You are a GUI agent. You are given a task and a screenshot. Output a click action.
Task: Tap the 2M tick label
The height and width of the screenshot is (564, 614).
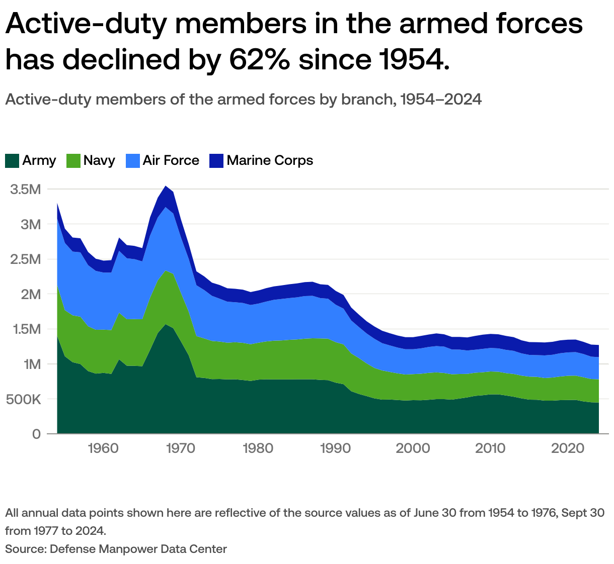[x=30, y=294]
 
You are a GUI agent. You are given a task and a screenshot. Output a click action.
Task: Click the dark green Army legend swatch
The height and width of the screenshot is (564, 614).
[x=12, y=161]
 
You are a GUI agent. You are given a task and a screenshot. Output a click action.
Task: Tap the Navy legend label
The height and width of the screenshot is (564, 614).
[x=99, y=161]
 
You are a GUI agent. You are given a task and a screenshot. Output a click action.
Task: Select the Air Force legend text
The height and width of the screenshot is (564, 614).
[x=171, y=161]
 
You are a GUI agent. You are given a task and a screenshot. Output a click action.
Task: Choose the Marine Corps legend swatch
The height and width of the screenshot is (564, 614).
[x=216, y=161]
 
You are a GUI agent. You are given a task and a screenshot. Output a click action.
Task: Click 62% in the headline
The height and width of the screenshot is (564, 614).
[x=259, y=60]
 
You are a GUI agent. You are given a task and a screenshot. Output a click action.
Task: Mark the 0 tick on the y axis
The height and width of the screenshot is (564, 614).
[x=36, y=434]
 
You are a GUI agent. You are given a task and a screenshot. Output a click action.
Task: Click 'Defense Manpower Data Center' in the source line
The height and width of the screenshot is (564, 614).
[x=138, y=549]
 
